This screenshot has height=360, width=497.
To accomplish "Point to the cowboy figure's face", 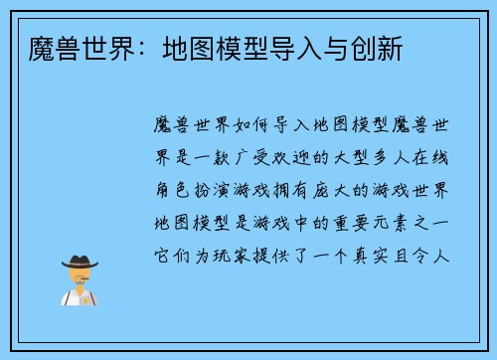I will [x=80, y=275].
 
